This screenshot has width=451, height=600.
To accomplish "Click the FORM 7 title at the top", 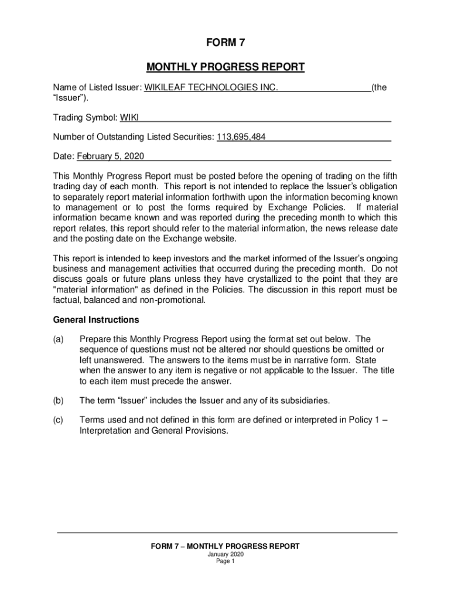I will (225, 43).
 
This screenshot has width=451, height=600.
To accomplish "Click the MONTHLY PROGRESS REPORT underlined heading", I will (225, 67).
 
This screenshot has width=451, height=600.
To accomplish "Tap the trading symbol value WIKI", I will (129, 117).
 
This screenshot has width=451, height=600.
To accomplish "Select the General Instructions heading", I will (96, 320).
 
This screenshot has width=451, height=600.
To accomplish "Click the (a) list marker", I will (58, 339).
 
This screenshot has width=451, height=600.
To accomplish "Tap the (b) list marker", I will (58, 401).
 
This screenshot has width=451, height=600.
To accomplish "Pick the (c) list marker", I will (58, 420).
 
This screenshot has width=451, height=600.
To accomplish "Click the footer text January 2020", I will (225, 554).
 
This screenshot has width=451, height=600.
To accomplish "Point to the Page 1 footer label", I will (225, 561).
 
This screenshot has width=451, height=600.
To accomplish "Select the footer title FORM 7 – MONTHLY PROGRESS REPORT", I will (225, 546).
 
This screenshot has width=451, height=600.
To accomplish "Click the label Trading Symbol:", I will (86, 117).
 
